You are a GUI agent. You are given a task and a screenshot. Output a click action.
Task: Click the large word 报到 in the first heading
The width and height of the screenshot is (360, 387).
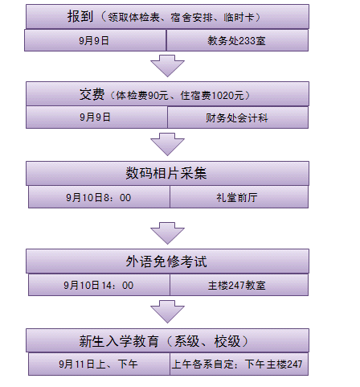pyautogui.click(x=80, y=16)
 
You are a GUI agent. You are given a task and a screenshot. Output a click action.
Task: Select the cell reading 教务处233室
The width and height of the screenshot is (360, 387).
pyautogui.click(x=237, y=40)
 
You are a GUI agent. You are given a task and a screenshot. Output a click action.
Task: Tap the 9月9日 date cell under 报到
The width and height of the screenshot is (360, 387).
pyautogui.click(x=96, y=40)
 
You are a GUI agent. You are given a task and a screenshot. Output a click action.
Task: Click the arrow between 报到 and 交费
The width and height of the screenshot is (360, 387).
pyautogui.click(x=167, y=66)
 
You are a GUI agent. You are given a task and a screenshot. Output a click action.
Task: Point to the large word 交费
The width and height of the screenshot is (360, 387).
pyautogui.click(x=92, y=94)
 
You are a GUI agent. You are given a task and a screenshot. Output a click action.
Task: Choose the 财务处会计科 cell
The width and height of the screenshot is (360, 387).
pyautogui.click(x=238, y=117)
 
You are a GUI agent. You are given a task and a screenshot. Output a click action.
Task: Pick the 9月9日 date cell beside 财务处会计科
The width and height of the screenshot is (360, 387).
pyautogui.click(x=96, y=117)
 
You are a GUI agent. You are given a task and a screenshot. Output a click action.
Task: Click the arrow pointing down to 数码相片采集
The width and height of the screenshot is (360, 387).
pyautogui.click(x=167, y=144)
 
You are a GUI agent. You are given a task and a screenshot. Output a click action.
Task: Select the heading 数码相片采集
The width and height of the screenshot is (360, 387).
pyautogui.click(x=166, y=173)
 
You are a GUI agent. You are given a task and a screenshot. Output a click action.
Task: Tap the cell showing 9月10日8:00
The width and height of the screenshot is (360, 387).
pyautogui.click(x=99, y=197)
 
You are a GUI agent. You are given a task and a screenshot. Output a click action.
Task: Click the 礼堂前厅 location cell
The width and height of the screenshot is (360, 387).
pyautogui.click(x=239, y=197)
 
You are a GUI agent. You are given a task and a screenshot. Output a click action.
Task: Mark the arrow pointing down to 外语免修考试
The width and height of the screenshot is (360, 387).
pyautogui.click(x=167, y=233)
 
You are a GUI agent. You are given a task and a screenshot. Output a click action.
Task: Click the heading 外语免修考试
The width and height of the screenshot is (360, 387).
pyautogui.click(x=166, y=261)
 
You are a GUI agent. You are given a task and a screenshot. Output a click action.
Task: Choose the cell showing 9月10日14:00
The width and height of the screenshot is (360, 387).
pyautogui.click(x=99, y=285)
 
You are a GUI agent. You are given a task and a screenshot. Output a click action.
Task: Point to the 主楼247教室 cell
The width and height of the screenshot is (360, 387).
pyautogui.click(x=239, y=285)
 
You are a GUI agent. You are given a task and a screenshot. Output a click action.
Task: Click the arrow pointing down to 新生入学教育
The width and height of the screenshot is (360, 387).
pyautogui.click(x=167, y=311)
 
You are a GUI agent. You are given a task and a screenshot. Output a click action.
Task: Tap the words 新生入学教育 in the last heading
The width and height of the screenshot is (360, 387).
pyautogui.click(x=119, y=341)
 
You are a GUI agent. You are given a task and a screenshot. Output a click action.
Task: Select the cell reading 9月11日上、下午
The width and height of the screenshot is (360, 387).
pyautogui.click(x=99, y=364)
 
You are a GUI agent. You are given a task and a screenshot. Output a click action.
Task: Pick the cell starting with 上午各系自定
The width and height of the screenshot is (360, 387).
pyautogui.click(x=239, y=364)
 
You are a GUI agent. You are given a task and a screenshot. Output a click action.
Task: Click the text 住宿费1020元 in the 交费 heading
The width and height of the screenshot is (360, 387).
pyautogui.click(x=212, y=95)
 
